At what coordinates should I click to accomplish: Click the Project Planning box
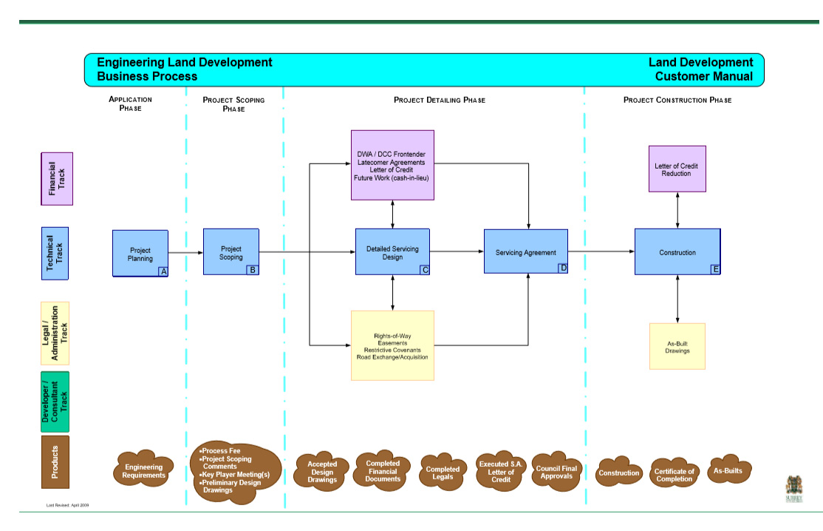[140, 254]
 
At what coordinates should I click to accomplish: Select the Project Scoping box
[231, 252]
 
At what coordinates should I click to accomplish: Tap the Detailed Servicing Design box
[392, 252]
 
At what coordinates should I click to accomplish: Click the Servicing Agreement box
[526, 252]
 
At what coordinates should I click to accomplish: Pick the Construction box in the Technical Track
[677, 252]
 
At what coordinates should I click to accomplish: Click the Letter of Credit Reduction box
[677, 169]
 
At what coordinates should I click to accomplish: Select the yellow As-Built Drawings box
[677, 346]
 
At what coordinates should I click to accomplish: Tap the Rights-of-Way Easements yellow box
[392, 345]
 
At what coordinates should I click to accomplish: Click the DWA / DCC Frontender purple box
[392, 165]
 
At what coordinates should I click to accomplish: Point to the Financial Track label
[56, 178]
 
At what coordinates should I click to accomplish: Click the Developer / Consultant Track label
[55, 402]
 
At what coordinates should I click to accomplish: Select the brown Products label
[55, 462]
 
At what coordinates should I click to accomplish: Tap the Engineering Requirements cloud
[143, 470]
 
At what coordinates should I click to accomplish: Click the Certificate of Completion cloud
[675, 475]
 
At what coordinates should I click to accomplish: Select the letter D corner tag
[563, 268]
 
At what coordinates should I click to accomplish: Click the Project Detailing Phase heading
[440, 100]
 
